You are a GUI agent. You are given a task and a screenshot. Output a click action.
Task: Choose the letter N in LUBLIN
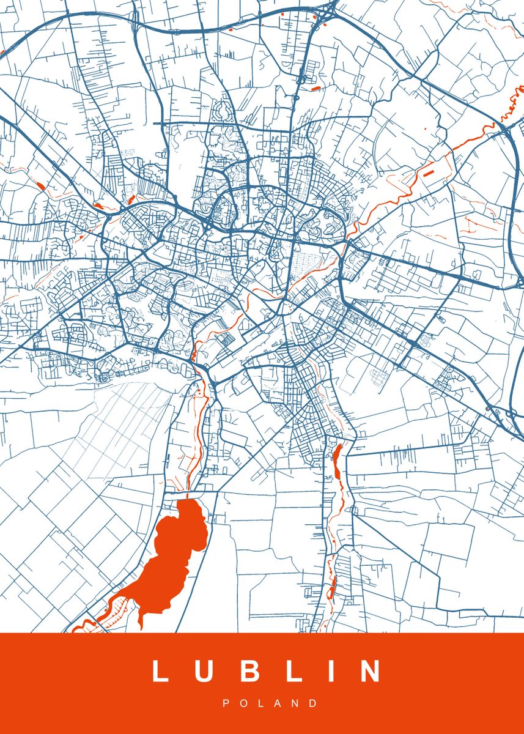coord(371,671)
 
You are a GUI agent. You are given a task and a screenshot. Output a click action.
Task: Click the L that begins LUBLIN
coord(160,671)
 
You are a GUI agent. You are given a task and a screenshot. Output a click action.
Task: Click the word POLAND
coord(270,703)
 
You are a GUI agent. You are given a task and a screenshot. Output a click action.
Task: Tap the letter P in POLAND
coord(226,703)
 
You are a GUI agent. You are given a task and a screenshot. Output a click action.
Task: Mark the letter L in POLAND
coord(260,703)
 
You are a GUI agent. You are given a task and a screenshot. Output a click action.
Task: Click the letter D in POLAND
coord(314,703)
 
